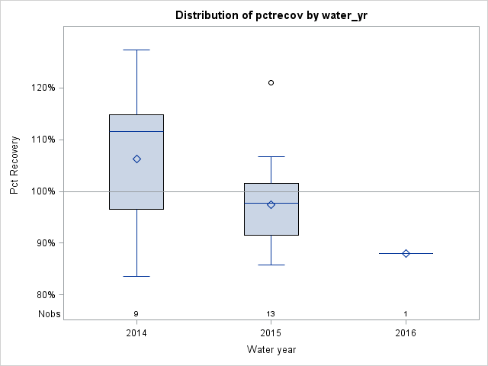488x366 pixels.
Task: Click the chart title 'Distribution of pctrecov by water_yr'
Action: pyautogui.click(x=271, y=15)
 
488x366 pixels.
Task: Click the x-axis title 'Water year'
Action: pyautogui.click(x=271, y=349)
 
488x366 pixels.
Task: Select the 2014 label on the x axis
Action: pyautogui.click(x=136, y=332)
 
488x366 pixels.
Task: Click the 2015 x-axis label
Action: pyautogui.click(x=271, y=332)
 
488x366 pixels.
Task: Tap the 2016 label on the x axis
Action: pyautogui.click(x=405, y=332)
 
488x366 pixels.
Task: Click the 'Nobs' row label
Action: pyautogui.click(x=47, y=313)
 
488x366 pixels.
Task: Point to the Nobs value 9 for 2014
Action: pyautogui.click(x=136, y=313)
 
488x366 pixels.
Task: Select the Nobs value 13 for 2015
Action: pyautogui.click(x=271, y=313)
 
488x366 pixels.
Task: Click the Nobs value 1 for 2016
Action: pyautogui.click(x=405, y=313)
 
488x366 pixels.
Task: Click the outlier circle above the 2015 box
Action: pyautogui.click(x=271, y=82)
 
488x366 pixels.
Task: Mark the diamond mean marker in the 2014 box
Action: pyautogui.click(x=136, y=159)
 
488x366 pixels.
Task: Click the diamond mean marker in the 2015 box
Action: pyautogui.click(x=271, y=204)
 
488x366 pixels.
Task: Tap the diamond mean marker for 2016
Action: pyautogui.click(x=406, y=253)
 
